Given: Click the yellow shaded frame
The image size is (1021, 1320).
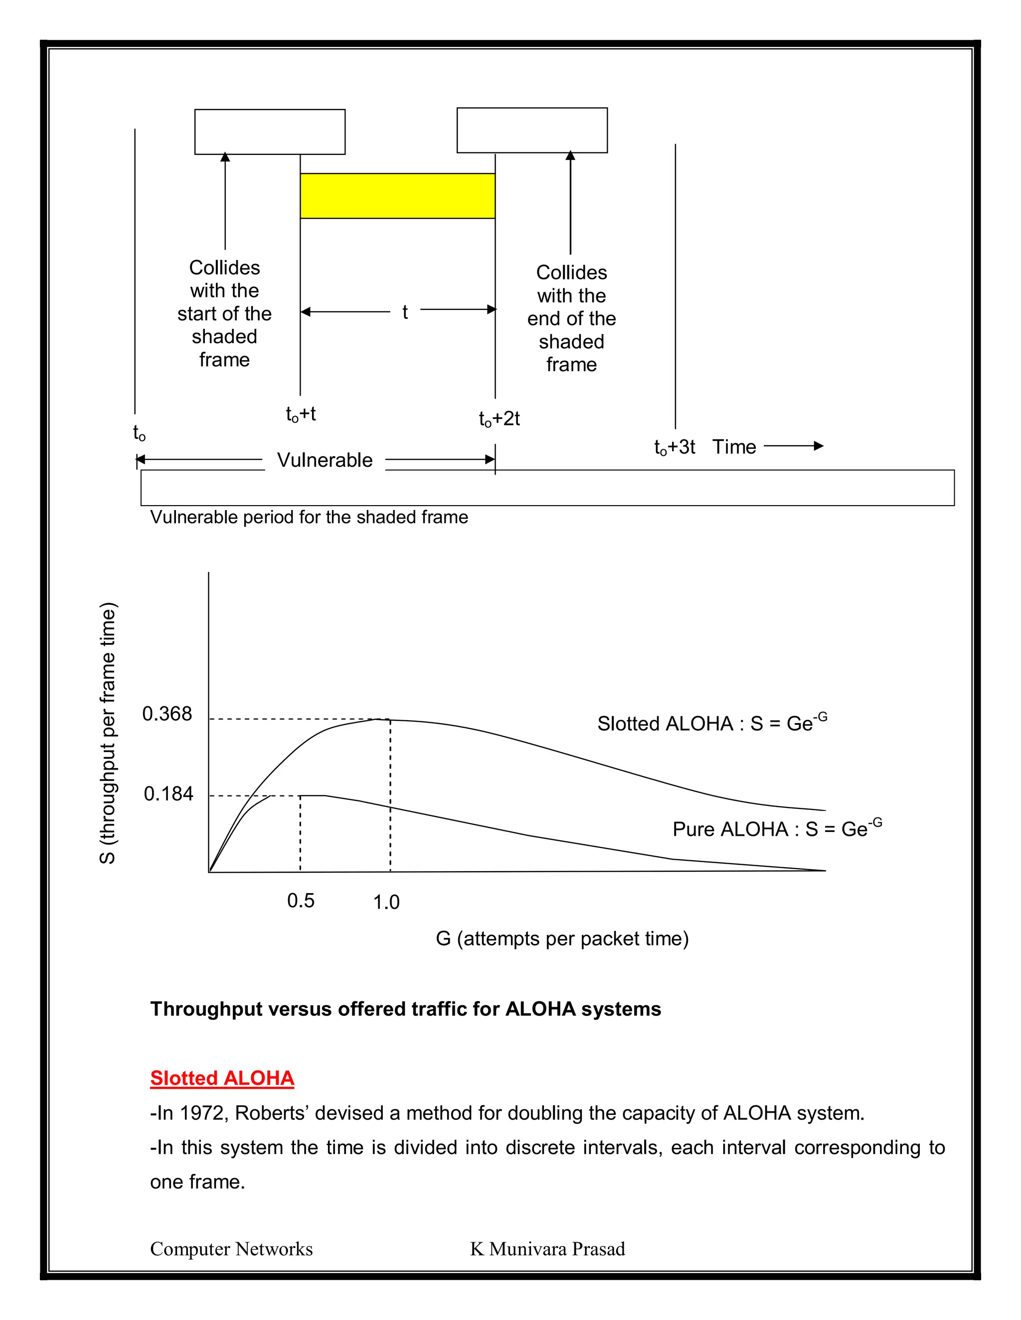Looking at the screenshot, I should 397,196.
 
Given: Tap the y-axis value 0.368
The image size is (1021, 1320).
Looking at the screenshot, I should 167,714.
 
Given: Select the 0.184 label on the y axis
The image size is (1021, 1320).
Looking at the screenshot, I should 168,793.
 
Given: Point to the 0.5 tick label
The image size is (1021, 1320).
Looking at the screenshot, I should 301,901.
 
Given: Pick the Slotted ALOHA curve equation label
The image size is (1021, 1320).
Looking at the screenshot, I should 712,723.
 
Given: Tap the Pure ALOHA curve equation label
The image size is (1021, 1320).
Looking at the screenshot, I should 777,828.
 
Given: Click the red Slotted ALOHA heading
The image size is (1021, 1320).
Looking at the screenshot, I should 222,1078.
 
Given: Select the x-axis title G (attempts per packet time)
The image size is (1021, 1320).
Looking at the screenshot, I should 562,938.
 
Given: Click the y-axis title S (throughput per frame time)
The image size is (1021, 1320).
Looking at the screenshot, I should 108,733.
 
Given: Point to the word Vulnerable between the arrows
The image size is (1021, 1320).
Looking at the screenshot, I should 325,460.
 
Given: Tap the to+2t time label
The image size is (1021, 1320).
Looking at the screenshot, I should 499,418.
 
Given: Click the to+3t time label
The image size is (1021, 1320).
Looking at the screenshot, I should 675,447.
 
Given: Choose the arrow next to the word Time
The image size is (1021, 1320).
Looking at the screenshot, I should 794,446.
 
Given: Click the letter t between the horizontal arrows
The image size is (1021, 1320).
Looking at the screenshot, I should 405,312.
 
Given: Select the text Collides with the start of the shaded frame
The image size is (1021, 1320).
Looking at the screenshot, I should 224,314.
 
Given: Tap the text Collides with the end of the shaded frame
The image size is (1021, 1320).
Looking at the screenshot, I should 572,318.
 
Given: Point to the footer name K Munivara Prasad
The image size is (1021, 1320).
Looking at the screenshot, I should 547,1249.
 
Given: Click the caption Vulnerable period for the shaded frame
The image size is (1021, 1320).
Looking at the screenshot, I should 309,518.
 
